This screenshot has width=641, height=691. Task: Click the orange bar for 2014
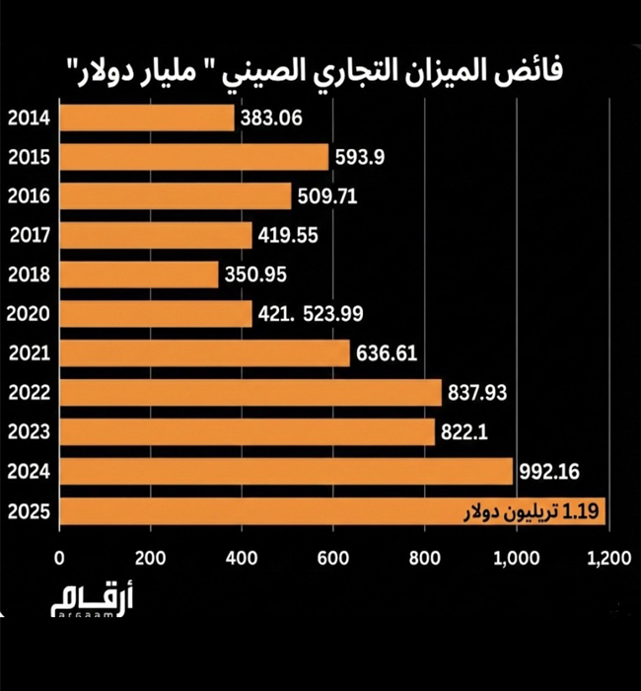pos(148,118)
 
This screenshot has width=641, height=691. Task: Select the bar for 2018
pos(139,274)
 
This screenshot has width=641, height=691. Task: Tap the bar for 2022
pos(250,393)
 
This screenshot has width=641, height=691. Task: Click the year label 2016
pos(29,196)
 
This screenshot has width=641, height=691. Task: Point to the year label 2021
pos(29,353)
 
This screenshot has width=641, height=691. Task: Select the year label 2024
pos(29,472)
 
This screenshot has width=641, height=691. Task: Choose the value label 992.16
pos(551,472)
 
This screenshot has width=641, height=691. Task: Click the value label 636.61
pos(389,353)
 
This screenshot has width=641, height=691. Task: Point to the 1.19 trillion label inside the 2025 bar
pos(533,512)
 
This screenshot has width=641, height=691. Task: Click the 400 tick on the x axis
pos(243,558)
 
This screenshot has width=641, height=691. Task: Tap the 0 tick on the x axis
pos(61,558)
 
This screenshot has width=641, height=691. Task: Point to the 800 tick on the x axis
pos(425,558)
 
